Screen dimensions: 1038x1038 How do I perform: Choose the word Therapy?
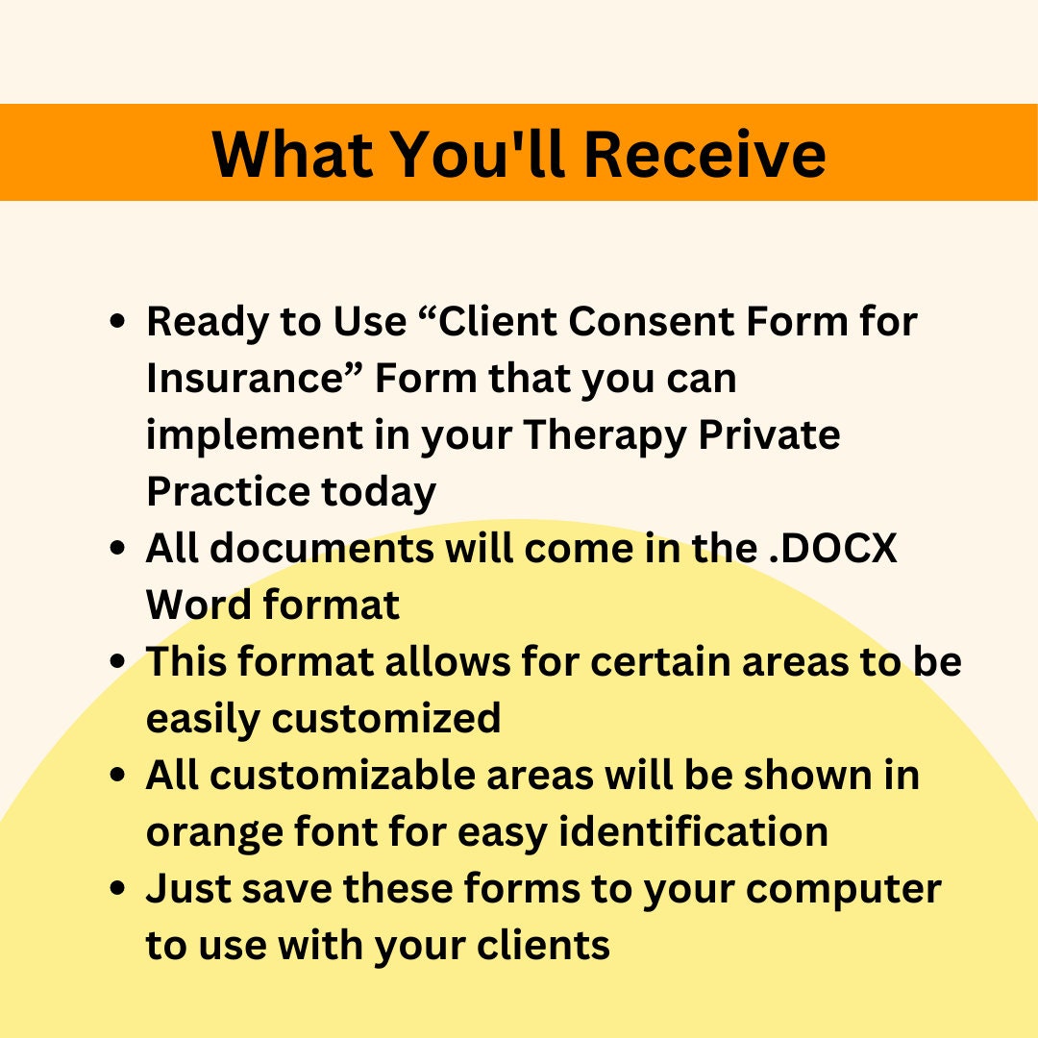click(x=605, y=434)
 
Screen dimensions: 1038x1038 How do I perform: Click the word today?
click(x=379, y=491)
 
